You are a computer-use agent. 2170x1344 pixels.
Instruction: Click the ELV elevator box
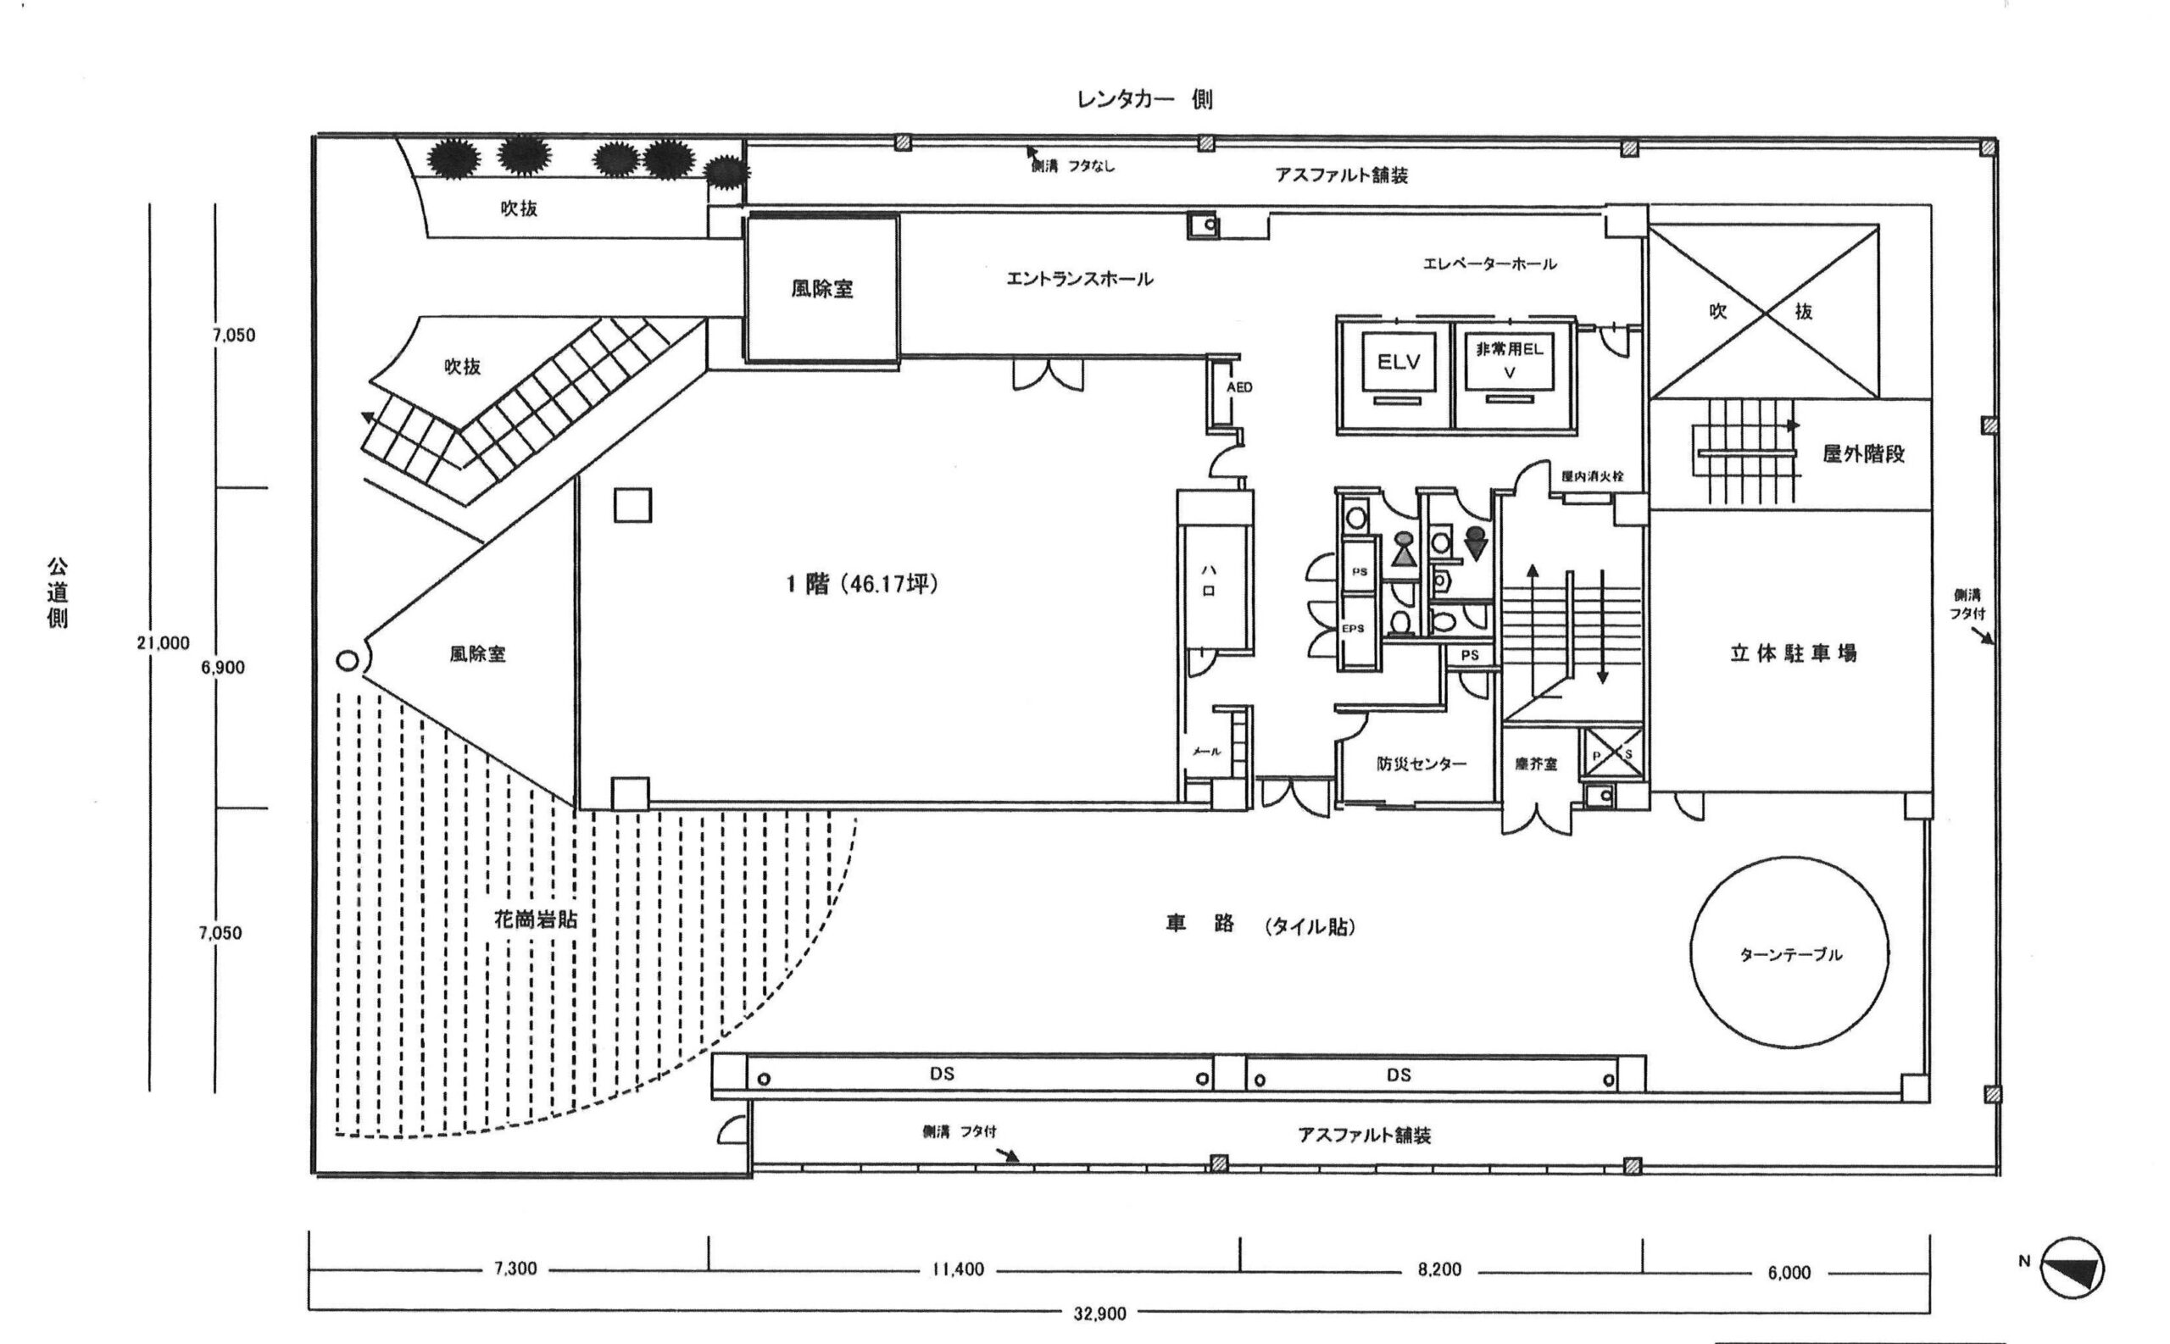[x=1398, y=362]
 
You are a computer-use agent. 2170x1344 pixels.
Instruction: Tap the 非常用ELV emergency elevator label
[x=1509, y=360]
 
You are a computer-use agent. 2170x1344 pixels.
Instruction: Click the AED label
[x=1238, y=387]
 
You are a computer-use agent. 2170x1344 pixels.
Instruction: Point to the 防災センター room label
[x=1421, y=764]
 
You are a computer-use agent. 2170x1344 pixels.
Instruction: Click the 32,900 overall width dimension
[x=1099, y=1313]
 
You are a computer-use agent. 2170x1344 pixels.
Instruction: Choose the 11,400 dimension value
[x=958, y=1269]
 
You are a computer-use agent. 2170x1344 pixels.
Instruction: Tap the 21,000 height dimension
[x=163, y=642]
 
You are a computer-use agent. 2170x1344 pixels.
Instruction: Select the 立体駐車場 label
[x=1792, y=653]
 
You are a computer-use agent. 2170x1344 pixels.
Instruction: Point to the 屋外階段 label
[x=1863, y=454]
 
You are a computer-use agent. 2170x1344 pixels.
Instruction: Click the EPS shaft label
[x=1352, y=629]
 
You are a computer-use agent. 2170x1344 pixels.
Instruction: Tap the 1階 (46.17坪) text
[x=861, y=584]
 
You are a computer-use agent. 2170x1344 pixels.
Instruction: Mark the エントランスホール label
[x=1079, y=279]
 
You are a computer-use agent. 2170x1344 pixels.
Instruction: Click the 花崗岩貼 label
[x=535, y=920]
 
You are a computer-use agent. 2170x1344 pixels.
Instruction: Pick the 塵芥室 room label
[x=1535, y=764]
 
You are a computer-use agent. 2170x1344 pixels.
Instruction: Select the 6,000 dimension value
[x=1789, y=1273]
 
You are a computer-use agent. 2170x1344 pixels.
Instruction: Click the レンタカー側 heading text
[x=1144, y=99]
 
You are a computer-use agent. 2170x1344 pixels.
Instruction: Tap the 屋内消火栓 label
[x=1592, y=475]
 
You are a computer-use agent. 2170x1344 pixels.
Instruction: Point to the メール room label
[x=1205, y=751]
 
